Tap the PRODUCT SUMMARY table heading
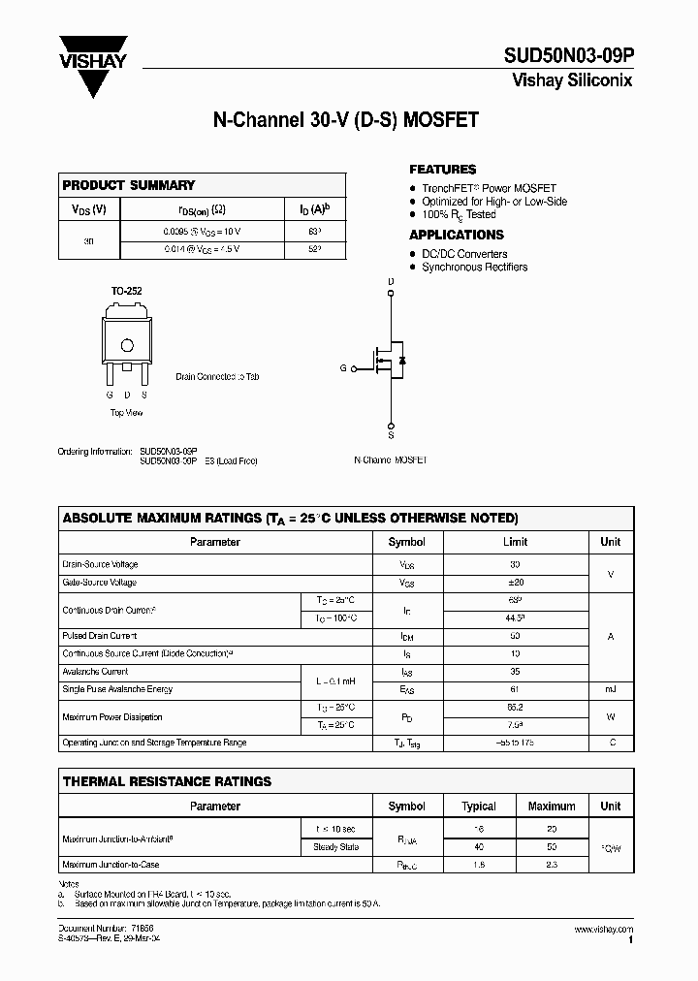(x=129, y=185)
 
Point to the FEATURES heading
(x=442, y=170)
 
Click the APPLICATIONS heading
(x=457, y=235)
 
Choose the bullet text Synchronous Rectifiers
(x=474, y=268)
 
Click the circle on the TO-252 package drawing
(x=126, y=345)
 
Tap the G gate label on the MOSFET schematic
(x=342, y=368)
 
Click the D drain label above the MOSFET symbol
(x=392, y=282)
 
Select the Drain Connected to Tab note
(x=217, y=376)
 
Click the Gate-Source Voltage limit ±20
(x=515, y=583)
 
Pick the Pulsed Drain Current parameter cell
(x=100, y=636)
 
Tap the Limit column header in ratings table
(x=515, y=543)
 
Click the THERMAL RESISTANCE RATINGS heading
(x=167, y=781)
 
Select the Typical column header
(x=479, y=807)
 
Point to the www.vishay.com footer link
(x=603, y=929)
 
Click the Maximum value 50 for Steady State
(x=552, y=846)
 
